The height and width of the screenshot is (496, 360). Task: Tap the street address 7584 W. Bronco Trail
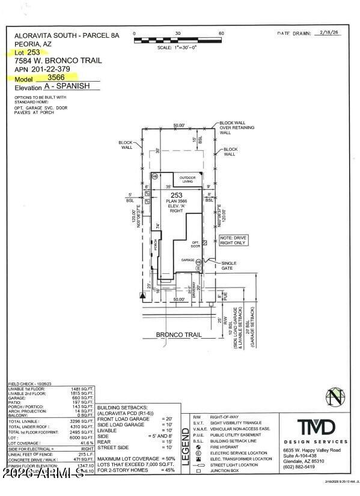point(58,61)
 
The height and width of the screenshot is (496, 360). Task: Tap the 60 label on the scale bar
point(221,34)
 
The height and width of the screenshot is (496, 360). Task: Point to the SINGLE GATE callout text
point(229,265)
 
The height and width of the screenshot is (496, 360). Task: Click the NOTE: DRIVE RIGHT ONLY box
point(233,240)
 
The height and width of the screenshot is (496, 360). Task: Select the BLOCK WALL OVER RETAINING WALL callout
point(237,128)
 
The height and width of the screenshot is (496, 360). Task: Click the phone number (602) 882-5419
point(316,466)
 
